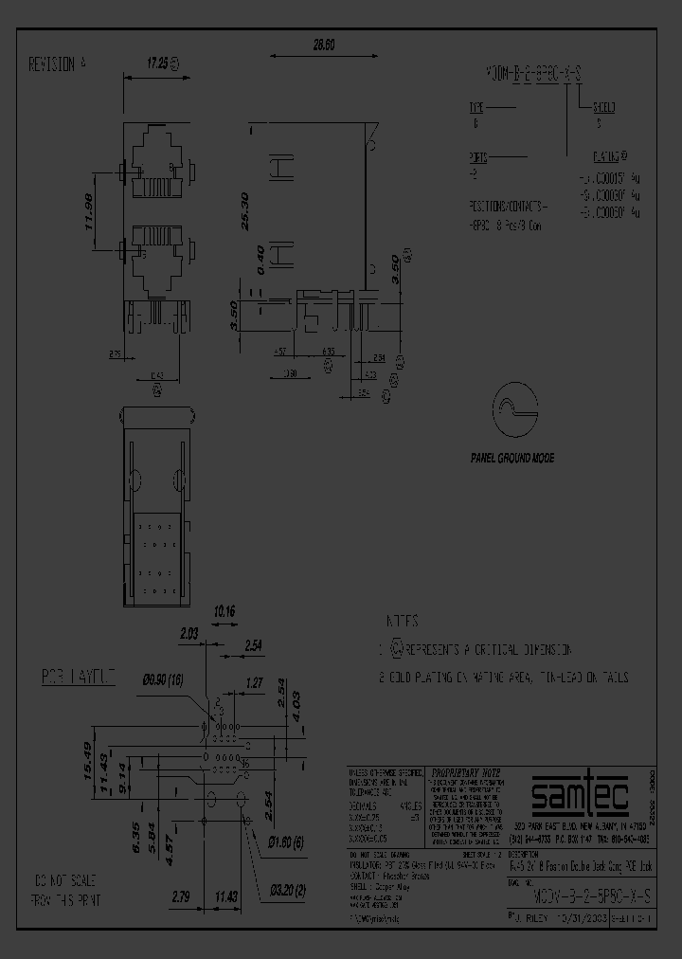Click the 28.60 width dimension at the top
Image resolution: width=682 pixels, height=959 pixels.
324,45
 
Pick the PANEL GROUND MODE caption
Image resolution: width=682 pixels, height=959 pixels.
512,458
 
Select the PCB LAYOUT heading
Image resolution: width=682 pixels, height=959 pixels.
78,677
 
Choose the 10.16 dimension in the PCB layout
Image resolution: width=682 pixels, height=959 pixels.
225,611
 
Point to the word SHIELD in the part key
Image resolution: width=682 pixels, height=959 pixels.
605,106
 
